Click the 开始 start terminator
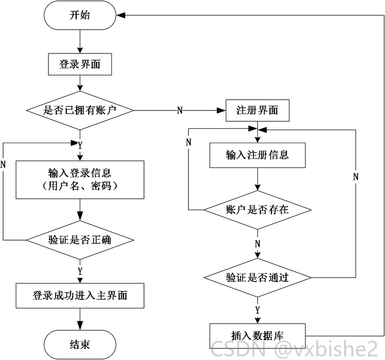point(80,15)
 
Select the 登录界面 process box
point(80,64)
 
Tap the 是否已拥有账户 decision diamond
point(80,110)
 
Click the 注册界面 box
point(257,110)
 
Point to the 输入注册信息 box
point(257,155)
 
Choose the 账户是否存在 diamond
point(257,210)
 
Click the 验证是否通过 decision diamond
point(257,278)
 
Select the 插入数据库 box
point(257,336)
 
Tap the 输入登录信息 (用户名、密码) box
point(80,180)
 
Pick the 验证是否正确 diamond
point(80,240)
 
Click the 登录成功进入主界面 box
point(80,296)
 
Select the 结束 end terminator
point(80,345)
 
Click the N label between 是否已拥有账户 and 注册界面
point(180,110)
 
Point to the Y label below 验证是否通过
point(257,310)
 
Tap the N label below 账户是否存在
point(257,244)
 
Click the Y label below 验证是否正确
point(80,272)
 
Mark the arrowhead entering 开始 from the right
point(121,15)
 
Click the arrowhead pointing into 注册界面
point(221,110)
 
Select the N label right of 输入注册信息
point(356,177)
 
